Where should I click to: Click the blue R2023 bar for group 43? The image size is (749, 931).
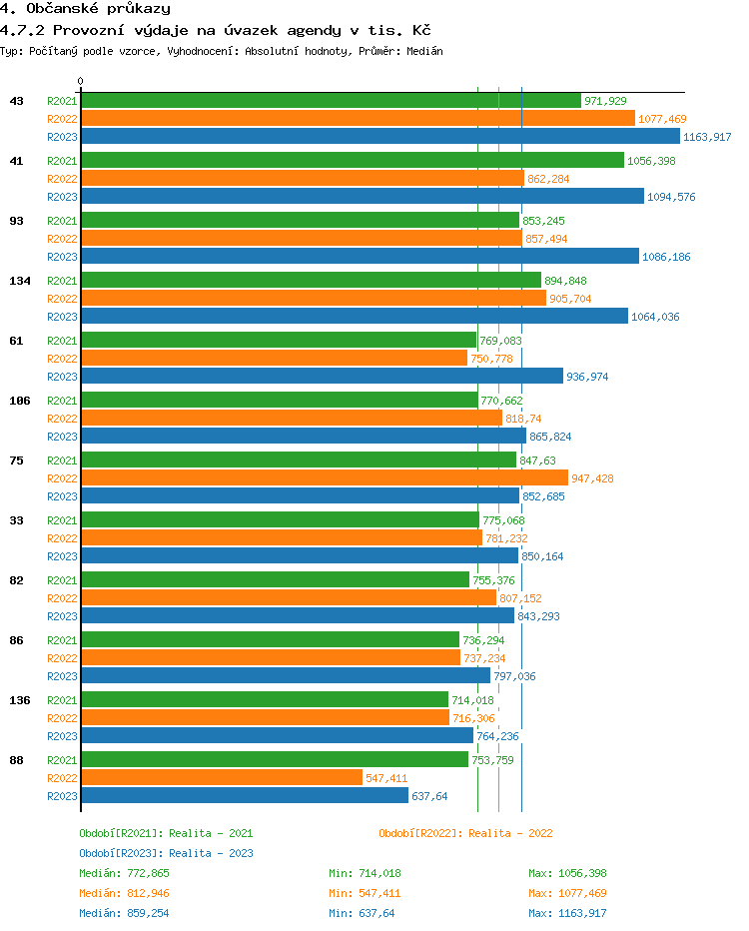(379, 137)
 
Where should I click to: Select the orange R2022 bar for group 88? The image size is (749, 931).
(221, 777)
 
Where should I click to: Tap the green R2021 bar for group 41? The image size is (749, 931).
(352, 160)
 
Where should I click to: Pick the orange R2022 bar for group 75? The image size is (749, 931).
(324, 477)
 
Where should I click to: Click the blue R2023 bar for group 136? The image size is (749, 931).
(277, 735)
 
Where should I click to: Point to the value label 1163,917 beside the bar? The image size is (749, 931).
(707, 137)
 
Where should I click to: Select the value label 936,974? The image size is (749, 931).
(587, 377)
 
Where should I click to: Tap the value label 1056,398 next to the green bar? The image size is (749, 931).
(651, 161)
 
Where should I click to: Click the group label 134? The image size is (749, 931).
(20, 281)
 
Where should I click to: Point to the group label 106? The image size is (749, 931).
(20, 401)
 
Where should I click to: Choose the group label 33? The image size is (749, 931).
(17, 520)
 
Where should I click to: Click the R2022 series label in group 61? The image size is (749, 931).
(62, 359)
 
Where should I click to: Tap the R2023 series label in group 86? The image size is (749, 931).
(62, 676)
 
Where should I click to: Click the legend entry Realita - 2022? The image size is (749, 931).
(465, 833)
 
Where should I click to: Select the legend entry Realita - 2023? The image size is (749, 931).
(166, 853)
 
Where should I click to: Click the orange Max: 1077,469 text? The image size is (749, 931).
(567, 893)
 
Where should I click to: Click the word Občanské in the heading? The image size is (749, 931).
(55, 9)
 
